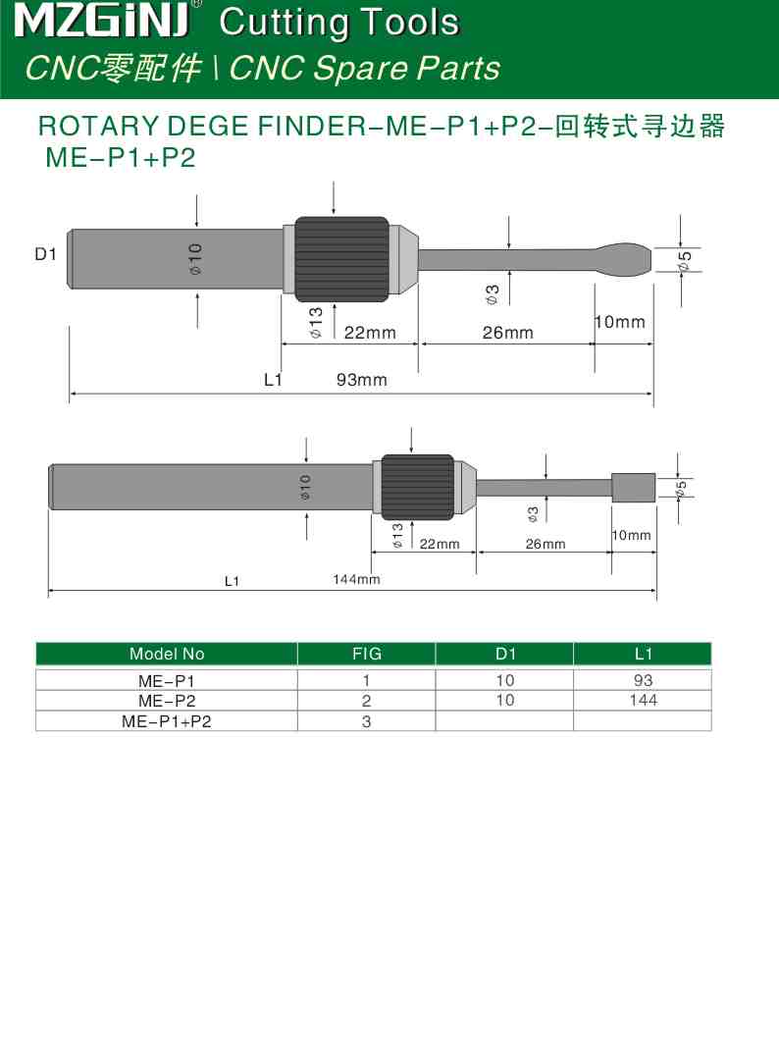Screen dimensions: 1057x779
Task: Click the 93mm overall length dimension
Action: (x=361, y=380)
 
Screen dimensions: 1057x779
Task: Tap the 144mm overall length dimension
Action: (x=356, y=580)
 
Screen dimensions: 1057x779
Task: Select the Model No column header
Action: (x=167, y=654)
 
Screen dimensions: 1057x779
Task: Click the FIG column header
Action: (x=366, y=654)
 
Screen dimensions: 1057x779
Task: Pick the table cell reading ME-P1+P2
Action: (x=167, y=721)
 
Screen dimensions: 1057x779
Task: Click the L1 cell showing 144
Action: (x=643, y=700)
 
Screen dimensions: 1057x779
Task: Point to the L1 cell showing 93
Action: (x=643, y=680)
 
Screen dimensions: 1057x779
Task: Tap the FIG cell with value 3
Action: (x=366, y=721)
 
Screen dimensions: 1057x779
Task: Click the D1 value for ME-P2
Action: (x=504, y=700)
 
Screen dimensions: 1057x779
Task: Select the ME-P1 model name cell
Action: (x=167, y=680)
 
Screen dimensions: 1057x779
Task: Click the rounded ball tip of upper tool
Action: (x=624, y=259)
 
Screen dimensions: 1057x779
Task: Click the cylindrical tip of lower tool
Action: (x=633, y=488)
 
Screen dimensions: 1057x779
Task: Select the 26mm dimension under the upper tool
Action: (x=507, y=333)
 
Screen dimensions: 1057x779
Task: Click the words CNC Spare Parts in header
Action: (x=364, y=69)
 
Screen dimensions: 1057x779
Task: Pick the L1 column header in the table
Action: (x=643, y=654)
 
